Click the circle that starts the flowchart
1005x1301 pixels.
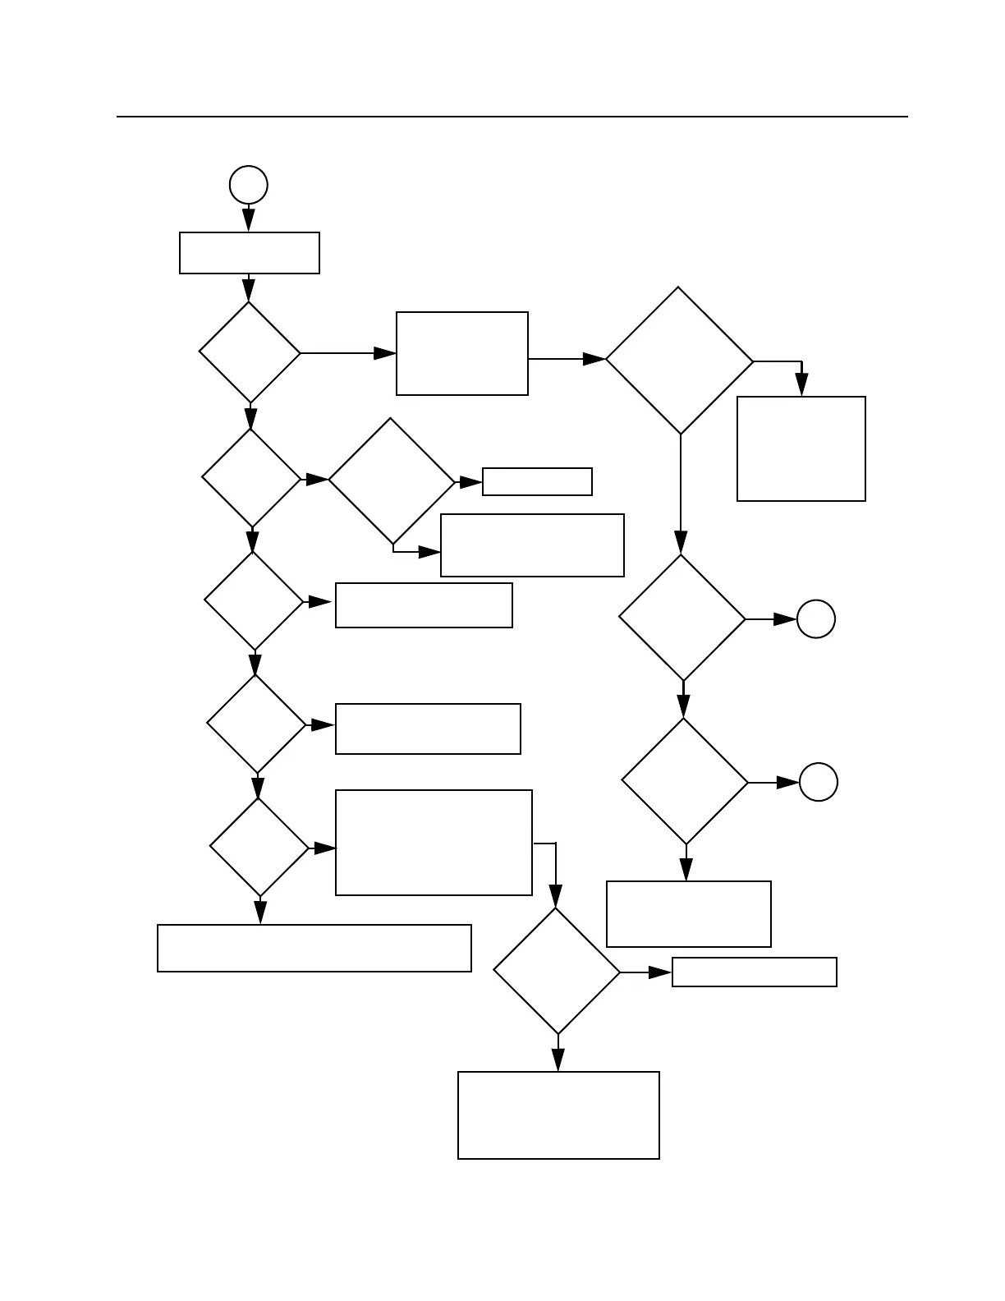click(248, 185)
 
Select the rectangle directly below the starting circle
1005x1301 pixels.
click(250, 253)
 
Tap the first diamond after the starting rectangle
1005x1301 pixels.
click(250, 352)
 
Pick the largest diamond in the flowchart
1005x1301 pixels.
click(679, 361)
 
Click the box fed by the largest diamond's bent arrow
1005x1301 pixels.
click(801, 448)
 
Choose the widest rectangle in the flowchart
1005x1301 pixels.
click(314, 948)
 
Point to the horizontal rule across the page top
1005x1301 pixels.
click(512, 117)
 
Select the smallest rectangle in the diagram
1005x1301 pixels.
click(537, 481)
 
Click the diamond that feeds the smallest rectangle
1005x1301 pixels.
click(392, 481)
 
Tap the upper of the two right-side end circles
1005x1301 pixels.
click(816, 619)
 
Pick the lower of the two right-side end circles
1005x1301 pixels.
click(819, 782)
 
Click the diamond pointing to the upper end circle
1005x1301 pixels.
click(682, 618)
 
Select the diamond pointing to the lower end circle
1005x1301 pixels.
click(685, 781)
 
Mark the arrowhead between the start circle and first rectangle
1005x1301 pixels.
click(248, 219)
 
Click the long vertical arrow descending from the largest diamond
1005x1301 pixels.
click(681, 493)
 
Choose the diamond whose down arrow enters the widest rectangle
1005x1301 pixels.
click(259, 847)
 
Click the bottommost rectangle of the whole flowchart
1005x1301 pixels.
click(558, 1115)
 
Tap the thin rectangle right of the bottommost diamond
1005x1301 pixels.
click(754, 972)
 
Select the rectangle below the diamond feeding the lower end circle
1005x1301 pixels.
click(688, 913)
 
